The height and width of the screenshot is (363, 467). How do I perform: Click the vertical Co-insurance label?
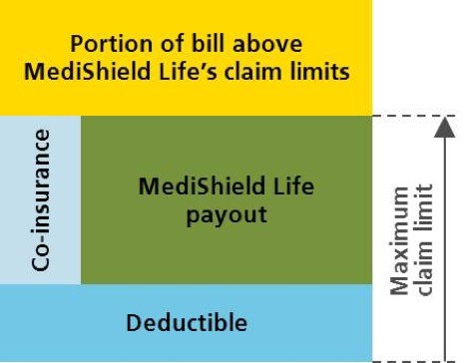click(x=40, y=198)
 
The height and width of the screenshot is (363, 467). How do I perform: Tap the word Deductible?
click(x=186, y=322)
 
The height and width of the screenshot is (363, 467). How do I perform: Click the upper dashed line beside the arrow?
click(x=409, y=116)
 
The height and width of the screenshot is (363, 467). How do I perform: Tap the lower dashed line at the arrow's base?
click(x=409, y=361)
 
